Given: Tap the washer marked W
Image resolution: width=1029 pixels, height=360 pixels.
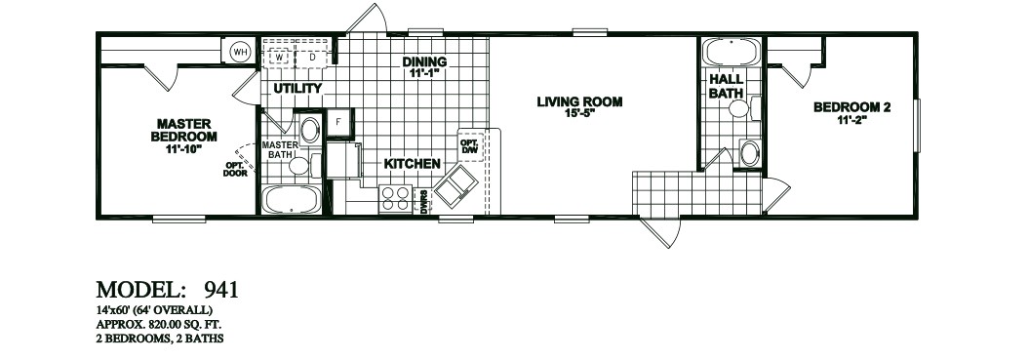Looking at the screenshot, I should (x=280, y=57).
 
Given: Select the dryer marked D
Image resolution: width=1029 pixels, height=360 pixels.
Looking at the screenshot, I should (x=312, y=57).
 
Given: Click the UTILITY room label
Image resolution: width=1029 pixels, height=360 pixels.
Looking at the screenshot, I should (x=297, y=89).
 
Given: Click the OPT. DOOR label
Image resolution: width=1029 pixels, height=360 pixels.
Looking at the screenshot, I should (x=235, y=169).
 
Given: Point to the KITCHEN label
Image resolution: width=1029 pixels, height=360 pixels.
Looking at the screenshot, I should (x=412, y=164).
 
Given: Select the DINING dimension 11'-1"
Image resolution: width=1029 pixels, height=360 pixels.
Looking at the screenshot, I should (x=424, y=74).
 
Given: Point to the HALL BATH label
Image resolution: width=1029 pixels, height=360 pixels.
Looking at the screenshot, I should (x=725, y=86).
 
